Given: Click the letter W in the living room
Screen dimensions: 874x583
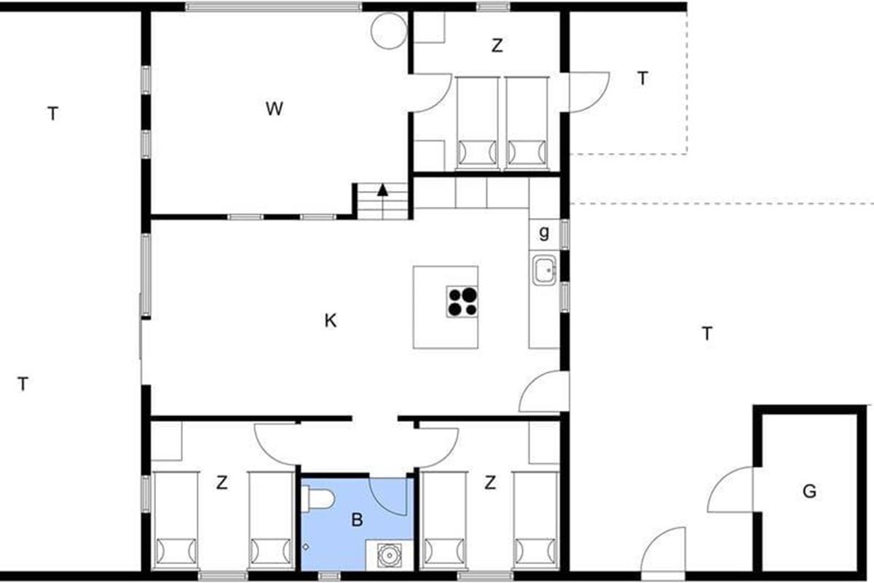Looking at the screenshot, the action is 275,109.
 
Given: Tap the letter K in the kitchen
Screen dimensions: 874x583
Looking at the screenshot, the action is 331,321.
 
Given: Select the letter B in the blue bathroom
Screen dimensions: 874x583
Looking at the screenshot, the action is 357,520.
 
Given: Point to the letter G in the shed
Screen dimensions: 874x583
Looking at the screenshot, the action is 809,491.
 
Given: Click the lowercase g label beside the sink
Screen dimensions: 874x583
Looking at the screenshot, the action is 543,233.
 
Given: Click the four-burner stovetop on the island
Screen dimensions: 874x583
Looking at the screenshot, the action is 462,302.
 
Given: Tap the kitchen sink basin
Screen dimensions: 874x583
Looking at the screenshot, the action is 544,270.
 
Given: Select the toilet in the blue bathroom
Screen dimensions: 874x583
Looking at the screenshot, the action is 318,499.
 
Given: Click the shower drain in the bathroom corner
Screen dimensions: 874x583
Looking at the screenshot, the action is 389,555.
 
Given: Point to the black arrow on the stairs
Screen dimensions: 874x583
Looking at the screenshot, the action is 383,190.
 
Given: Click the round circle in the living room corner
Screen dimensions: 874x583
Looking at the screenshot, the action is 389,31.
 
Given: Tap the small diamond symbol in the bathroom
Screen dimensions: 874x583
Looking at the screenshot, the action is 306,547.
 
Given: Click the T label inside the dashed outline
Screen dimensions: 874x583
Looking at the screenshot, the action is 642,78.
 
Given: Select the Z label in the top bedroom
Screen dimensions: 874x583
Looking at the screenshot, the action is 497,46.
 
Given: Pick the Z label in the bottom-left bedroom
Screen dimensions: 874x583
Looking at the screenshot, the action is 221,483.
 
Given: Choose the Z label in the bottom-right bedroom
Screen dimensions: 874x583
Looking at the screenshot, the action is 490,482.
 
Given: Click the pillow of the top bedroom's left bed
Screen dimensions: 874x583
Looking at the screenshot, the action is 478,152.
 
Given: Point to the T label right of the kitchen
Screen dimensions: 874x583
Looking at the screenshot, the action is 707,334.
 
